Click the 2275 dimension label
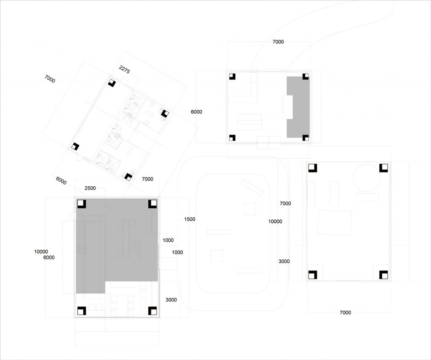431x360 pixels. click(x=124, y=69)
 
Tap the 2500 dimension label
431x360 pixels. click(x=90, y=188)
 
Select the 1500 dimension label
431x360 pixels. click(x=190, y=219)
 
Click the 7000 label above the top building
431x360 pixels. click(x=278, y=42)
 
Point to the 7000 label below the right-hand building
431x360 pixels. click(x=345, y=312)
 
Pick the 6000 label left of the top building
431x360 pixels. click(x=196, y=112)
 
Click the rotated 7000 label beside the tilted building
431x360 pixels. click(x=50, y=79)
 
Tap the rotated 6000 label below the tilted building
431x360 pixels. click(x=61, y=181)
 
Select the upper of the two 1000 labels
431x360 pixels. click(x=168, y=240)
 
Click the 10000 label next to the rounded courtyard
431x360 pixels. click(x=275, y=222)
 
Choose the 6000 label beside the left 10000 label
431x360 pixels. click(x=49, y=257)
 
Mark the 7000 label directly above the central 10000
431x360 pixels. click(x=285, y=204)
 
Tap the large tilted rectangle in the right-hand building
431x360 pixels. click(x=335, y=223)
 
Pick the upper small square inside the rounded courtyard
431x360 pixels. click(x=250, y=209)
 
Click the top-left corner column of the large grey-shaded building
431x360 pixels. click(x=82, y=204)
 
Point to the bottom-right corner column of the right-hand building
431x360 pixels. click(x=384, y=275)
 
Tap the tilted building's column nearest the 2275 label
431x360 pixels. click(x=112, y=83)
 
